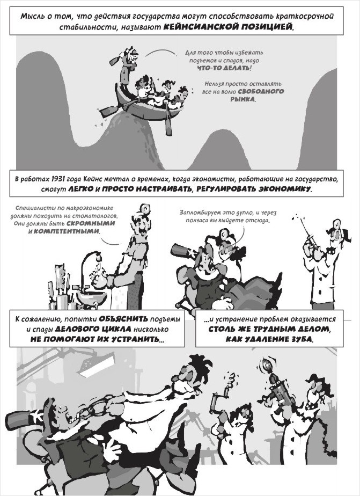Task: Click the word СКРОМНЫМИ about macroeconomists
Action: coord(91,223)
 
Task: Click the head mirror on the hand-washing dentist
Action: coord(145,209)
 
